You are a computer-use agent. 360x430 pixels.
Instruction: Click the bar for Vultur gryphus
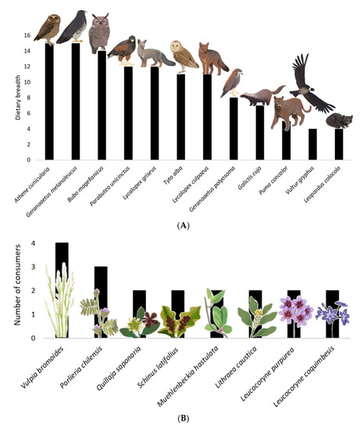click(313, 144)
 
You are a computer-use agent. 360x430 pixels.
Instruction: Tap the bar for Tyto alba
click(180, 117)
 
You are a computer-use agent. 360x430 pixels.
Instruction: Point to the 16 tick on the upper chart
click(29, 35)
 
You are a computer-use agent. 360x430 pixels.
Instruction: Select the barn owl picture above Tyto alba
click(180, 57)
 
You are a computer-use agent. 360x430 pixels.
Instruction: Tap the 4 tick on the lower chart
click(30, 244)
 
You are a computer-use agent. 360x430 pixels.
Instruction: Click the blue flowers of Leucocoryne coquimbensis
click(336, 315)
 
